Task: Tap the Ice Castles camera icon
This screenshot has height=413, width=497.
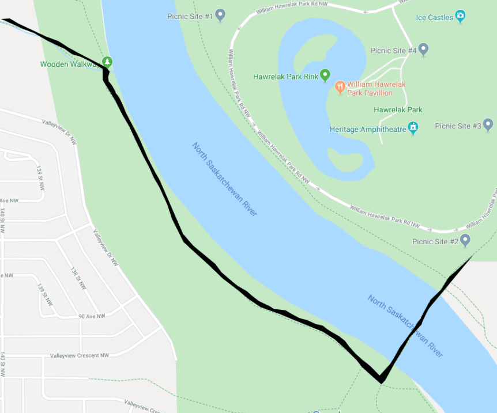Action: [460, 16]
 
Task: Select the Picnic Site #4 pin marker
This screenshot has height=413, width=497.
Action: [423, 50]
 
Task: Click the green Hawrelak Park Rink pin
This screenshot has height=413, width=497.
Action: [325, 75]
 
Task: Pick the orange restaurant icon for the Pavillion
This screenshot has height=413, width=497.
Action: [340, 88]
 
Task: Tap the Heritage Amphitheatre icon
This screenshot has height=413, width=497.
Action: [413, 127]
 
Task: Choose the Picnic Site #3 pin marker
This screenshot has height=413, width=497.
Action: [488, 124]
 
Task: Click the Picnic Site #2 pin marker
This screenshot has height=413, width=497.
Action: [465, 240]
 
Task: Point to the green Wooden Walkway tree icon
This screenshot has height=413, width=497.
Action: [107, 62]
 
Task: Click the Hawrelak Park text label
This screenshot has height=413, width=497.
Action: [398, 109]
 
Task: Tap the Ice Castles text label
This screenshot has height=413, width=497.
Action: [435, 17]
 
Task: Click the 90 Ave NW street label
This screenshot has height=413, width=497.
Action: [92, 316]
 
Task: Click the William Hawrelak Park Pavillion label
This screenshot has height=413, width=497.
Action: [376, 88]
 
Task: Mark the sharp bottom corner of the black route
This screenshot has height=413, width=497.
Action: [381, 381]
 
